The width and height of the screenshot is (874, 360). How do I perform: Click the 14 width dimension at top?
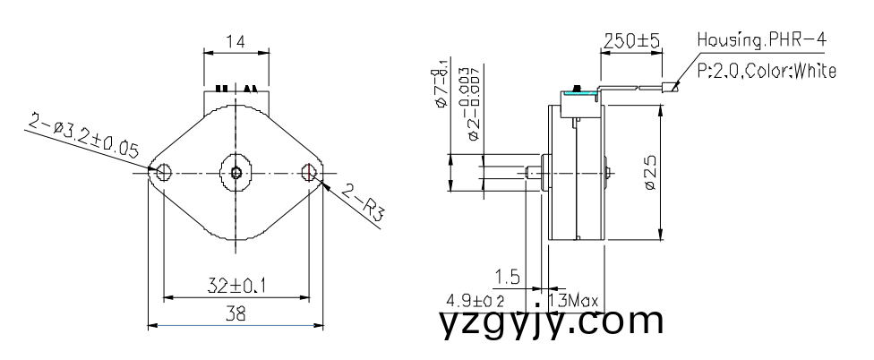[x=236, y=42]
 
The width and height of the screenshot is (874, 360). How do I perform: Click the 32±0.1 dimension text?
[x=236, y=286]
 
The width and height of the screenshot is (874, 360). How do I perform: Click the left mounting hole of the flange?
[x=163, y=171]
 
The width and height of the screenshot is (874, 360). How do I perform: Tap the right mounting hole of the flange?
[x=310, y=171]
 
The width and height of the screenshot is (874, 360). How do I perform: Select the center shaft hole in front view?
[x=236, y=172]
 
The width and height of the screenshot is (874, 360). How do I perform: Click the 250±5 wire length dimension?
[x=630, y=40]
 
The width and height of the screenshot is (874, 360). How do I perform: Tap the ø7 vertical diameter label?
[x=441, y=90]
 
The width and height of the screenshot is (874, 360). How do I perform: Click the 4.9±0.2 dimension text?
[x=481, y=300]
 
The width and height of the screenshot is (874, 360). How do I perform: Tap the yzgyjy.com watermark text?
[x=552, y=322]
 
